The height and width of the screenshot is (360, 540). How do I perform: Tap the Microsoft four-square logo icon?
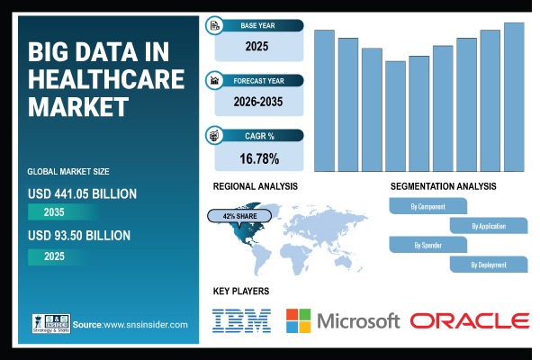[x=298, y=320]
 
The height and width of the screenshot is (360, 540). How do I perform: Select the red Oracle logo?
[x=469, y=320]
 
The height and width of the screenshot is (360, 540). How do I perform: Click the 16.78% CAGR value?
[x=259, y=159]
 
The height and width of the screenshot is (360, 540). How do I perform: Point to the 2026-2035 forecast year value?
[x=259, y=102]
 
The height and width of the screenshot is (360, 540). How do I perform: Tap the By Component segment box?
[x=427, y=207]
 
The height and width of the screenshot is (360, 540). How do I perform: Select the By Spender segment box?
[x=427, y=245]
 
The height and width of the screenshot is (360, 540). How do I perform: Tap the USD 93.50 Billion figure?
[x=80, y=236]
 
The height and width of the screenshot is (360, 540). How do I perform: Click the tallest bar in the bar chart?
[x=514, y=96]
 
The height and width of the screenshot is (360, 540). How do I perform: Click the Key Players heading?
[x=241, y=292]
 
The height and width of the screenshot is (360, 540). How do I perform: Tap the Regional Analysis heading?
[x=255, y=186]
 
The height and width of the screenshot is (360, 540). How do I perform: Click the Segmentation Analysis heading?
[x=443, y=186]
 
